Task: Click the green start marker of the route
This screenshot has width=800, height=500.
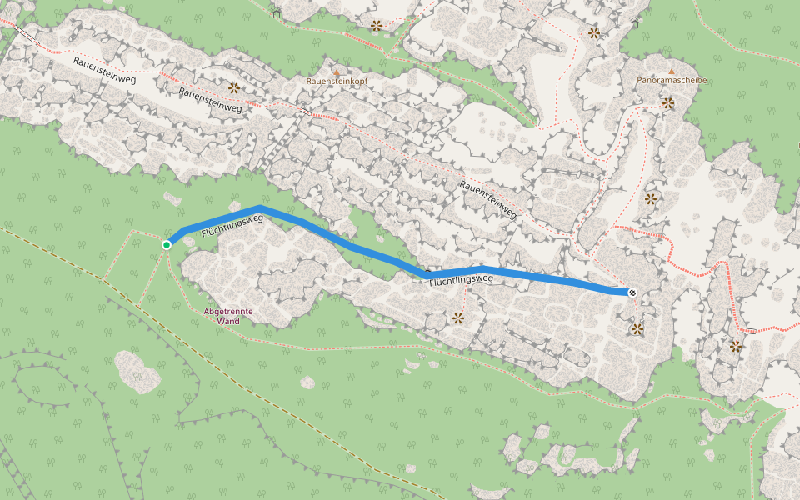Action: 167,244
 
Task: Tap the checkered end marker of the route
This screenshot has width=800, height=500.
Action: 632,292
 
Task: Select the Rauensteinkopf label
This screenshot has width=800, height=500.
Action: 337,82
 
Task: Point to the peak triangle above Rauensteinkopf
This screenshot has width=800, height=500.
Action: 337,72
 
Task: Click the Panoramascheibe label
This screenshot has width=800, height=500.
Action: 672,81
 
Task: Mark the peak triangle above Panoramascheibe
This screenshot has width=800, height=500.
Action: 672,72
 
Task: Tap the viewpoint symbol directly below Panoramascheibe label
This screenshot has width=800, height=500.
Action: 668,103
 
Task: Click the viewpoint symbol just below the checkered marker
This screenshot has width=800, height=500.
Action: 637,329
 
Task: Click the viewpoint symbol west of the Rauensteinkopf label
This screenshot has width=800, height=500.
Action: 234,87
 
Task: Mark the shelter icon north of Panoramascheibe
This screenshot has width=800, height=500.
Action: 635,22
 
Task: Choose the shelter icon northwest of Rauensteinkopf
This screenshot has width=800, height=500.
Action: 276,12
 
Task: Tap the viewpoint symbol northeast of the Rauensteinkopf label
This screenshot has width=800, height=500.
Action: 377,26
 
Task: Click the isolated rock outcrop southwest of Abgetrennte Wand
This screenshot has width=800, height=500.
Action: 137,372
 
